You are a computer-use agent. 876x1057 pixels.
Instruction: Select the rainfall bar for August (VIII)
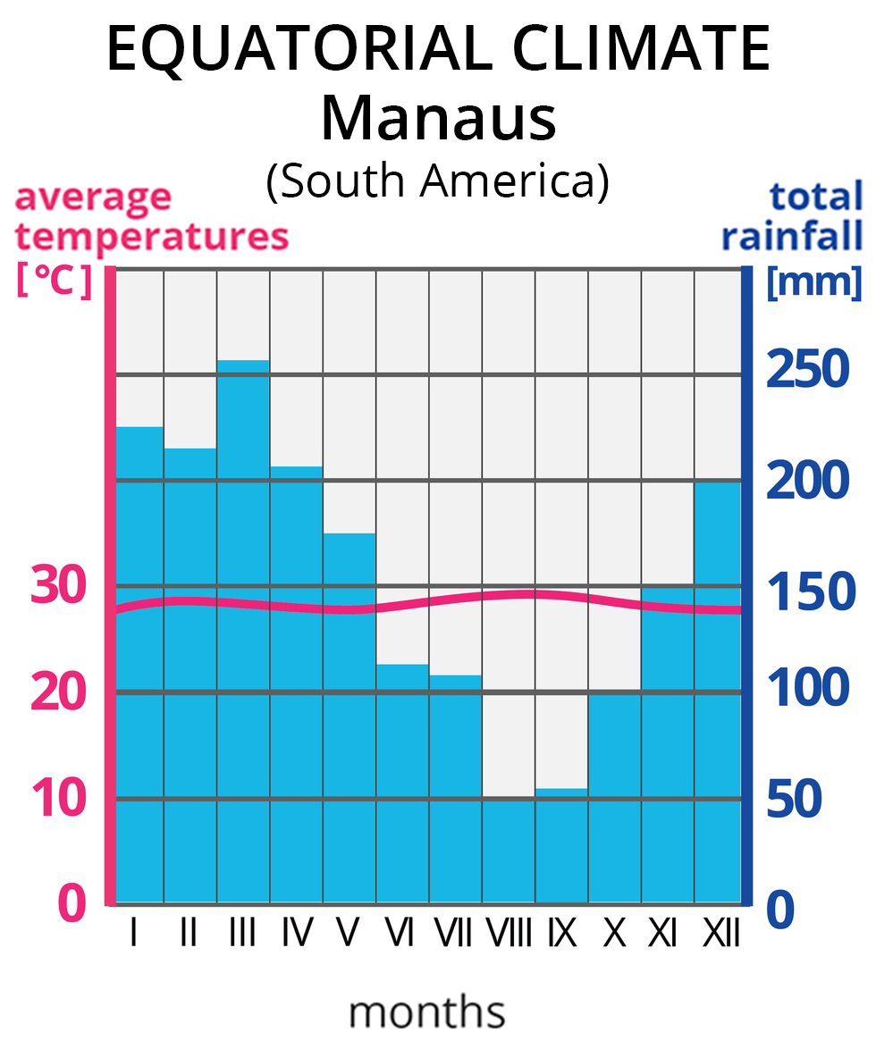pyautogui.click(x=509, y=849)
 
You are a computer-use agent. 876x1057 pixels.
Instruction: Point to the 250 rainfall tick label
pyautogui.click(x=806, y=368)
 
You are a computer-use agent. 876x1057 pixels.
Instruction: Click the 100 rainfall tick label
pyautogui.click(x=806, y=688)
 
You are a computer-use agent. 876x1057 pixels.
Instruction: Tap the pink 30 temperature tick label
pyautogui.click(x=60, y=587)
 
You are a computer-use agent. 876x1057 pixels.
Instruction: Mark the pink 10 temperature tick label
pyautogui.click(x=60, y=799)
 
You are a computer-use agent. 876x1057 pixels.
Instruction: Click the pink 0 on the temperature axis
pyautogui.click(x=72, y=904)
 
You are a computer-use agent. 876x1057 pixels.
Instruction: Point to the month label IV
pyautogui.click(x=296, y=934)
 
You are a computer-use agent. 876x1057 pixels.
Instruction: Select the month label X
pyautogui.click(x=614, y=934)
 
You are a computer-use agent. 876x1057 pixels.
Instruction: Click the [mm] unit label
pyautogui.click(x=813, y=282)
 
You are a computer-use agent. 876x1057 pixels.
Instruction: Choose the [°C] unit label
pyautogui.click(x=55, y=281)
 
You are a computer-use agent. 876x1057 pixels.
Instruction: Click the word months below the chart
pyautogui.click(x=426, y=1013)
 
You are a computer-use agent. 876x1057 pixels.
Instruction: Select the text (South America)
pyautogui.click(x=437, y=180)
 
